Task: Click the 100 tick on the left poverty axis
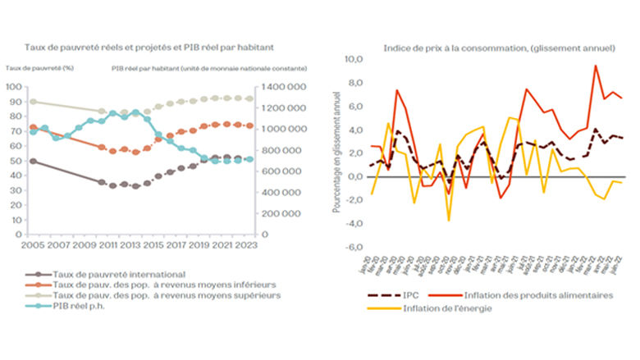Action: (13, 87)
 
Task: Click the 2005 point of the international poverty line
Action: (33, 161)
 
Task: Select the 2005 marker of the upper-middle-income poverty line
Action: (33, 102)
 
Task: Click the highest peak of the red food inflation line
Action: (595, 66)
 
